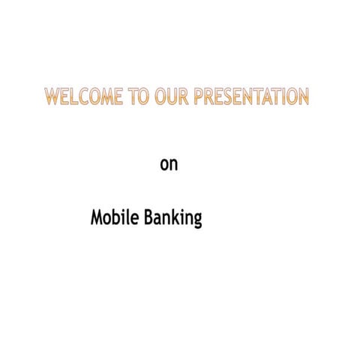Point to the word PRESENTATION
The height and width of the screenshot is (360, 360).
click(x=250, y=97)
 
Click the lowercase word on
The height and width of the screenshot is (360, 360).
click(x=169, y=163)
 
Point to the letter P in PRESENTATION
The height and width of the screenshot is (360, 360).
click(x=199, y=97)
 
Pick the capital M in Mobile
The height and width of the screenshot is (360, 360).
click(x=97, y=218)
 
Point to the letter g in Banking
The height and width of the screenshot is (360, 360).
click(x=197, y=221)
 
